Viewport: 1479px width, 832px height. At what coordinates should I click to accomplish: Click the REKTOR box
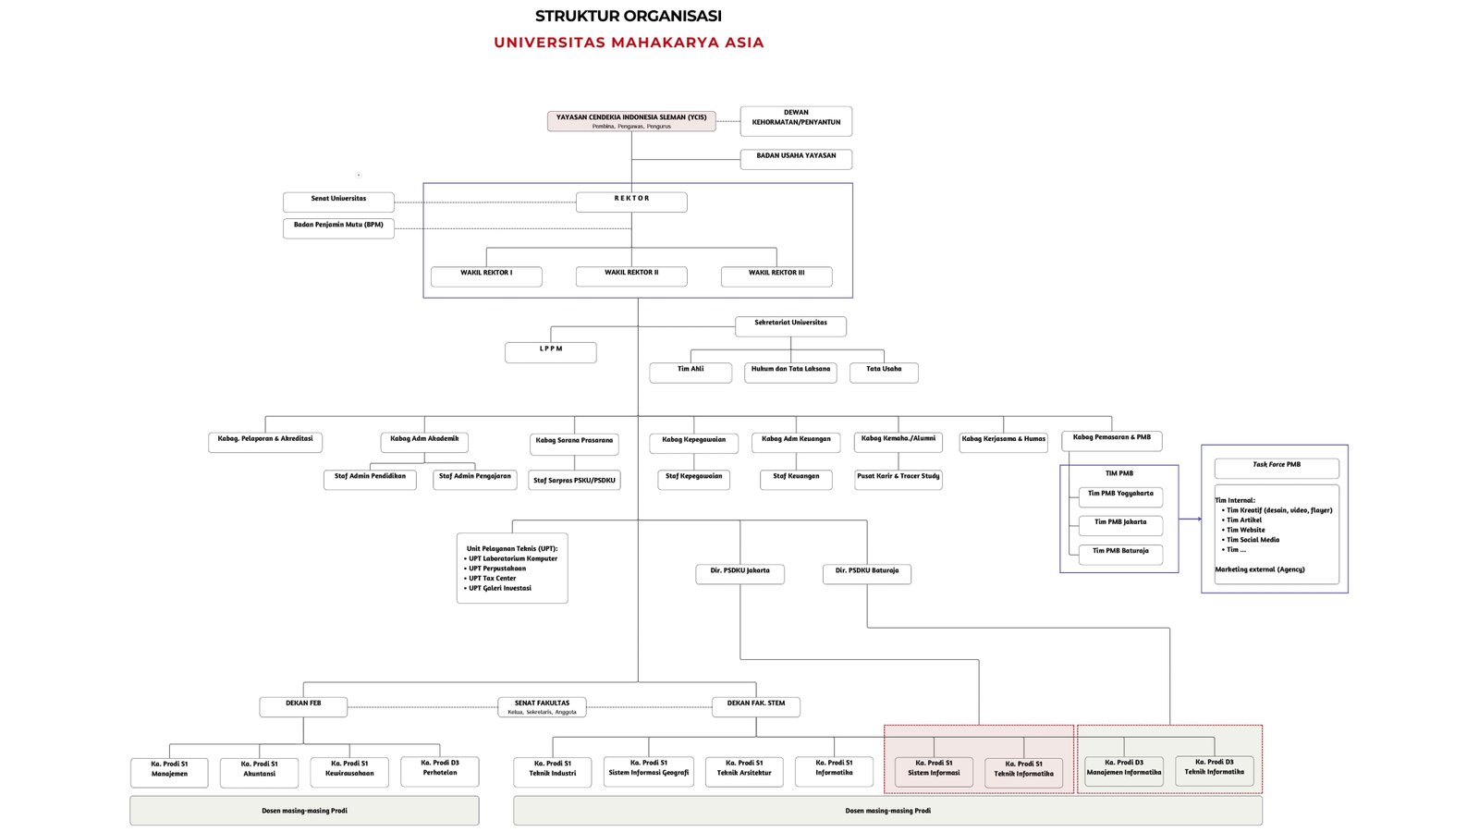[631, 202]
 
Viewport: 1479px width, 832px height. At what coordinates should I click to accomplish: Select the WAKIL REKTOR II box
[631, 275]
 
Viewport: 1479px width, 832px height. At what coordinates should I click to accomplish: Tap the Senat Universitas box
[338, 202]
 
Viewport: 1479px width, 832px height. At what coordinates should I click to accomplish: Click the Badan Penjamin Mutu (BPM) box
[338, 227]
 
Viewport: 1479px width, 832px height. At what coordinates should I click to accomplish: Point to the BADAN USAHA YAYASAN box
[796, 159]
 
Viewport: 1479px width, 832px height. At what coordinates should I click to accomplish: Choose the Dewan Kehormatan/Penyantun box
[796, 120]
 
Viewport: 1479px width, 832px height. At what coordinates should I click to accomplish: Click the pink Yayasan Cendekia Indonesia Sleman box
[631, 121]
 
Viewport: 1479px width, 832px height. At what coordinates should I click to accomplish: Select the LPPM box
[551, 351]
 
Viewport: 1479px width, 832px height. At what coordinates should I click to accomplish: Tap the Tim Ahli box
[691, 372]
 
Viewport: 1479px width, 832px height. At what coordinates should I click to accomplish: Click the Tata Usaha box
[884, 372]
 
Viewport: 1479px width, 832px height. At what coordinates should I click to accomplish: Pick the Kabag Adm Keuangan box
[796, 442]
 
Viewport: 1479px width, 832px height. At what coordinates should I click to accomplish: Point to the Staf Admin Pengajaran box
[474, 479]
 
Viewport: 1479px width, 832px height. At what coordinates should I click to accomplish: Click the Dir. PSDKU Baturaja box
[867, 573]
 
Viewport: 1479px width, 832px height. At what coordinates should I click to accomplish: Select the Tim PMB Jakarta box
[1120, 525]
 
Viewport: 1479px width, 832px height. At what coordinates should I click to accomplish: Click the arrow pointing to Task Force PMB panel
[1190, 519]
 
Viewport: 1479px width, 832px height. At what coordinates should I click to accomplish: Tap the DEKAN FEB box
[303, 706]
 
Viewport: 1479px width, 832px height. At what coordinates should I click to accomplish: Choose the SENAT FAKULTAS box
[542, 706]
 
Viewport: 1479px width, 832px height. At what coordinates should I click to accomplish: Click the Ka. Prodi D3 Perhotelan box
[440, 771]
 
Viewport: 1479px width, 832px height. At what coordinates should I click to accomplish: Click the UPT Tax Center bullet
[492, 579]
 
